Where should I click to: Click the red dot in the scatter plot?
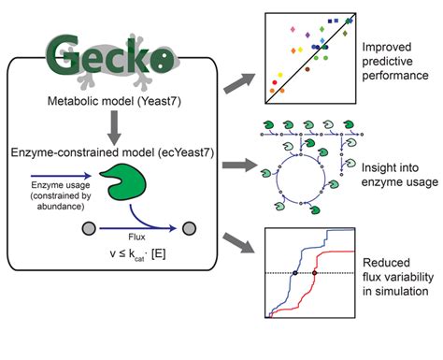tap(274, 83)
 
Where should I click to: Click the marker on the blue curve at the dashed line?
tap(295, 272)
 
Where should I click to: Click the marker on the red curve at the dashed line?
tap(315, 272)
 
